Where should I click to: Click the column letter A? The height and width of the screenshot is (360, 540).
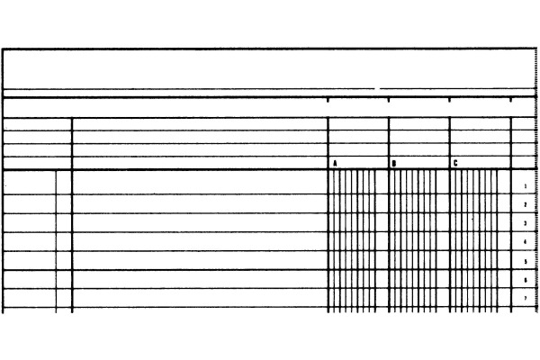pos(336,164)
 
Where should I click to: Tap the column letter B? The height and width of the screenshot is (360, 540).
pos(394,164)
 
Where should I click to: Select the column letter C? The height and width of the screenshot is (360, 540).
pos(455,164)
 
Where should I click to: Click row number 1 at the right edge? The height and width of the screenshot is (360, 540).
pos(525,185)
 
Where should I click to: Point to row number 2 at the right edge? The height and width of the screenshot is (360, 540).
pos(525,205)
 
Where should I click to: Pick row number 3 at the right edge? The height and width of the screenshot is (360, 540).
pos(525,223)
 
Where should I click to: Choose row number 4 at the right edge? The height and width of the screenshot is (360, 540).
pos(525,242)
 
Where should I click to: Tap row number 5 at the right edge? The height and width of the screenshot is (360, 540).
pos(525,261)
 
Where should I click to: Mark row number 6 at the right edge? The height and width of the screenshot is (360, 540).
pos(525,280)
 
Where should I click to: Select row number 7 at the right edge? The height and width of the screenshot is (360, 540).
pos(525,299)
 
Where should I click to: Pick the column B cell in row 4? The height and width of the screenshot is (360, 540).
pos(418,241)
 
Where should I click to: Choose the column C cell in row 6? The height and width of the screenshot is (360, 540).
pos(479,279)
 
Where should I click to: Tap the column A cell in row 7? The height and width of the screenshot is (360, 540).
pos(357,299)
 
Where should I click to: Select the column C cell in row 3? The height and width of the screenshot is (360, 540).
pos(479,222)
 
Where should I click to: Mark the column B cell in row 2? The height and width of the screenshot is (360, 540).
pos(418,203)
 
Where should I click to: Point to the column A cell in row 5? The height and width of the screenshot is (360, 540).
pos(357,260)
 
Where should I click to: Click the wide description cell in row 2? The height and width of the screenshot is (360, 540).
pos(199,203)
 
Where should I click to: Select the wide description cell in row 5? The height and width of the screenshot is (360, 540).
pos(199,260)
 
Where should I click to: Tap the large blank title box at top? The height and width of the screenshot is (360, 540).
pos(270,67)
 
